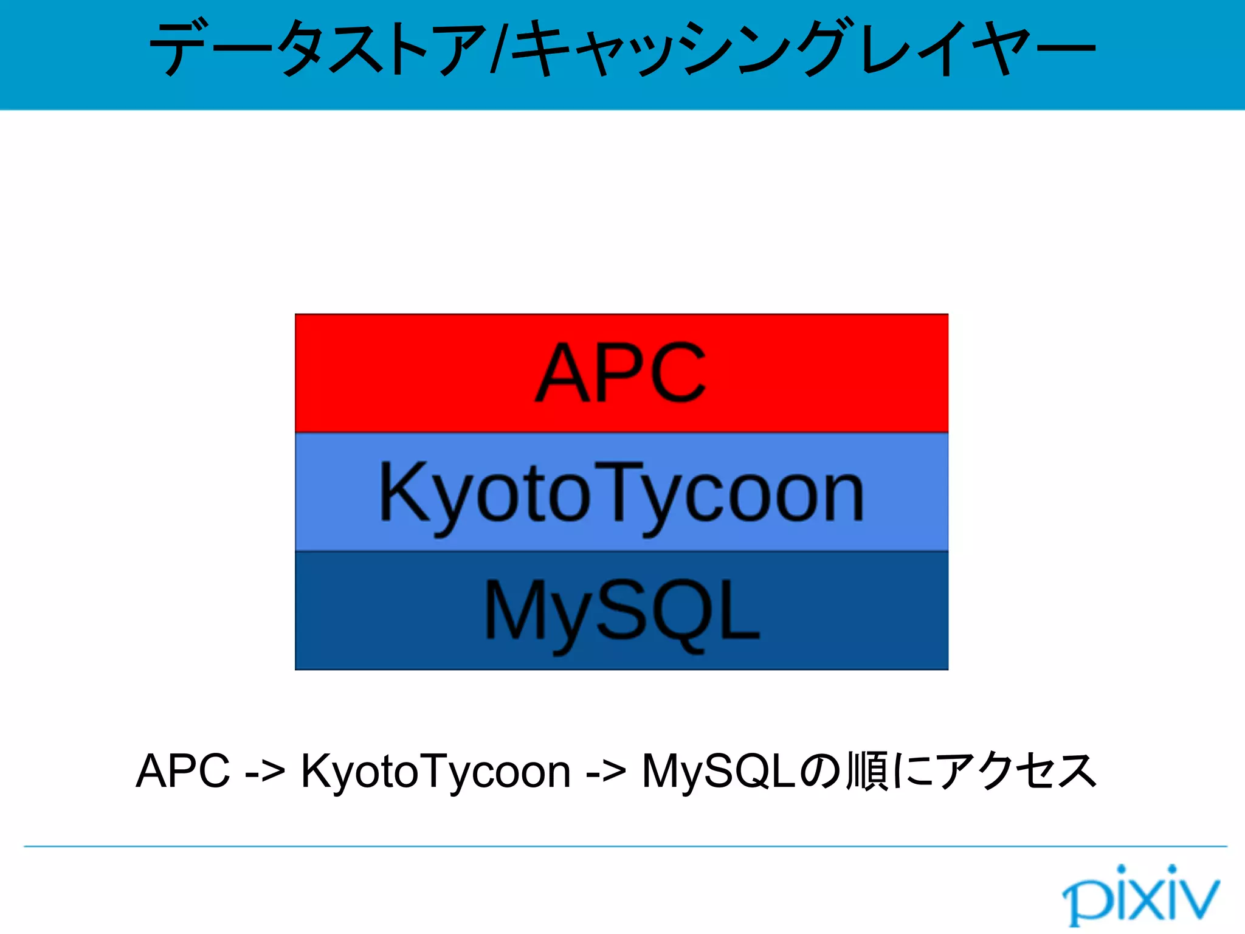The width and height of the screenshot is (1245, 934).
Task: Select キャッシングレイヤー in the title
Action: coord(802,49)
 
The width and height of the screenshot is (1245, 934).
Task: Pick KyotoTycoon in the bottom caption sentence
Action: coord(436,771)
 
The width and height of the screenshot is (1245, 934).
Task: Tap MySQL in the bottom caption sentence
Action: coord(719,771)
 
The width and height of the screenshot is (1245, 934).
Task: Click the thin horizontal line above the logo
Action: coord(625,846)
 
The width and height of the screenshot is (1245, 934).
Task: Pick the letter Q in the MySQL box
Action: coord(684,611)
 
